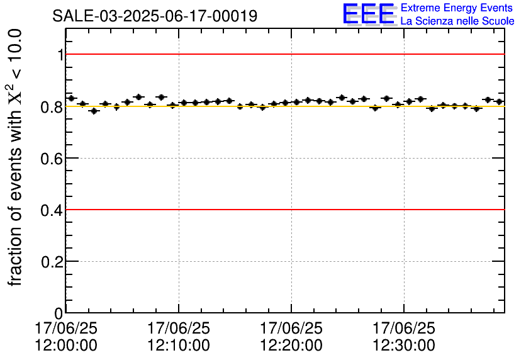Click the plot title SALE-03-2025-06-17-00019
click(155, 16)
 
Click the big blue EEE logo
click(369, 14)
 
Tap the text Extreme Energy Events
click(457, 8)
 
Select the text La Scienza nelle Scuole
click(457, 21)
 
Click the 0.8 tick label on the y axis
click(52, 107)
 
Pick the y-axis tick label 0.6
click(52, 159)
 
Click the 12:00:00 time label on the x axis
click(67, 345)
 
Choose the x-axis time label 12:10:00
click(179, 345)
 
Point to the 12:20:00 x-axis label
click(291, 345)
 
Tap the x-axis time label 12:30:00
click(403, 345)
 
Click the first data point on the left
click(71, 98)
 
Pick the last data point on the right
click(499, 101)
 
